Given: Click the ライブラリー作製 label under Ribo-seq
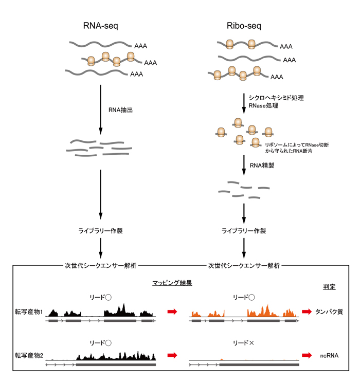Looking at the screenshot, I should click(244, 231).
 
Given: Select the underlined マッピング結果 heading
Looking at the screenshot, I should click(172, 283).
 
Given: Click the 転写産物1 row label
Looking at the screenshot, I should click(29, 312).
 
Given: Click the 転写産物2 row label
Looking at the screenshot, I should click(29, 355).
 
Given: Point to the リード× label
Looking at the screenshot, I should click(244, 342).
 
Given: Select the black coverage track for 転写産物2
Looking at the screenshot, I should click(116, 355).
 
